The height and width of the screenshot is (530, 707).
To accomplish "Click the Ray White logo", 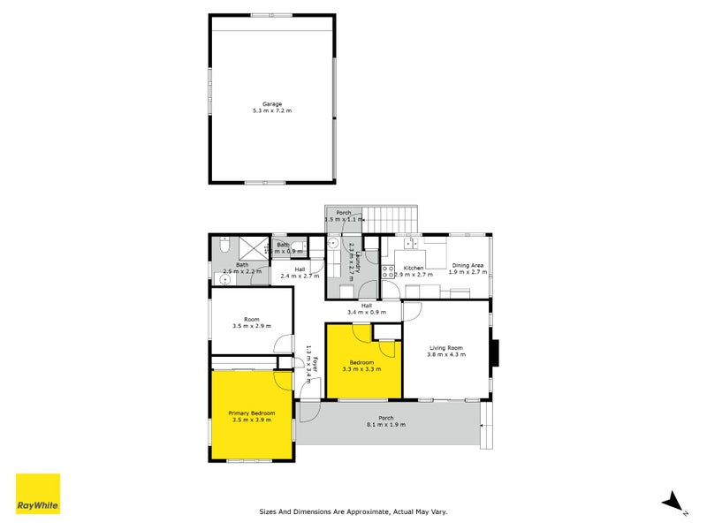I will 38,494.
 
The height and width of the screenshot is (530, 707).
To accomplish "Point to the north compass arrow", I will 675,501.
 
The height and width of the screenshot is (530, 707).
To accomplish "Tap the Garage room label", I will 272,103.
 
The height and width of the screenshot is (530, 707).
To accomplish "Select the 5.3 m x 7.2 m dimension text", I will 272,111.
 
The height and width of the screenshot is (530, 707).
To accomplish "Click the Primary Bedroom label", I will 252,413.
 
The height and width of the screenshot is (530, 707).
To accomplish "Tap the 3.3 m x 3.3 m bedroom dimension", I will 361,369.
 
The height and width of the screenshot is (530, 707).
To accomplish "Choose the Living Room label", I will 446,347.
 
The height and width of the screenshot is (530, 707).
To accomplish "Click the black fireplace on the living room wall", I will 497,353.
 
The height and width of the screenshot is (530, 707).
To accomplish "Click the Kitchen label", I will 414,268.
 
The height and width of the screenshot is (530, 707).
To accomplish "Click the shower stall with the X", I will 253,246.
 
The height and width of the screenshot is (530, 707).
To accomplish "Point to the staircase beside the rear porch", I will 391,216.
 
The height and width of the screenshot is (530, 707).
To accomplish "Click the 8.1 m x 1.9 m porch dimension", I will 386,425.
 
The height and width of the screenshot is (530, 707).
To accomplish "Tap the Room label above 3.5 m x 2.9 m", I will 252,319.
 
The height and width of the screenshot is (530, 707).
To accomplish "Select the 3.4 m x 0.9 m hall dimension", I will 367,312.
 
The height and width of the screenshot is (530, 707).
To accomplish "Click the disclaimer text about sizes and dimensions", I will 359,511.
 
